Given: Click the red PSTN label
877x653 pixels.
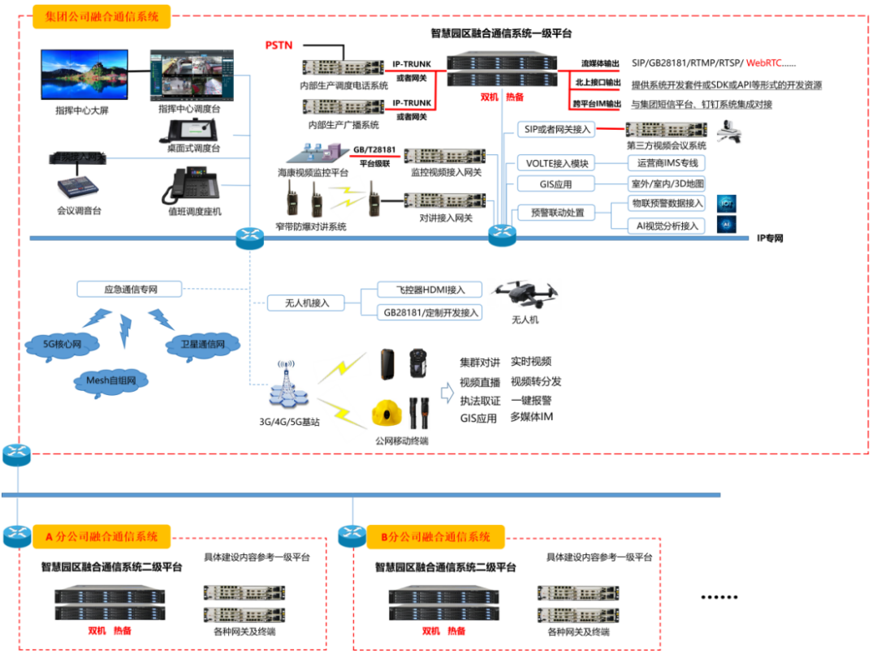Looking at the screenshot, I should pos(279,45).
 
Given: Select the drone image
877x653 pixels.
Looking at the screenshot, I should pos(525,293).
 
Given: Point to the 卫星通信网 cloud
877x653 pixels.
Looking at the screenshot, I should pos(203,343).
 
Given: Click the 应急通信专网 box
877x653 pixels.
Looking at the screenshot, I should pos(130,289).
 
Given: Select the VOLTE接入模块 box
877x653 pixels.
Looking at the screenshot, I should pos(557,163).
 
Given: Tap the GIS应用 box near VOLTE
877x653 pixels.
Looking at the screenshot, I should pos(556,184).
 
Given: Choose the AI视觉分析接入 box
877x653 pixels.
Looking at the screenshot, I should pos(668,226).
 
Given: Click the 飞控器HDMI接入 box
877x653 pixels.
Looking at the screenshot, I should pos(430,290).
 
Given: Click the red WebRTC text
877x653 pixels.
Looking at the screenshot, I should pos(766,62).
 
